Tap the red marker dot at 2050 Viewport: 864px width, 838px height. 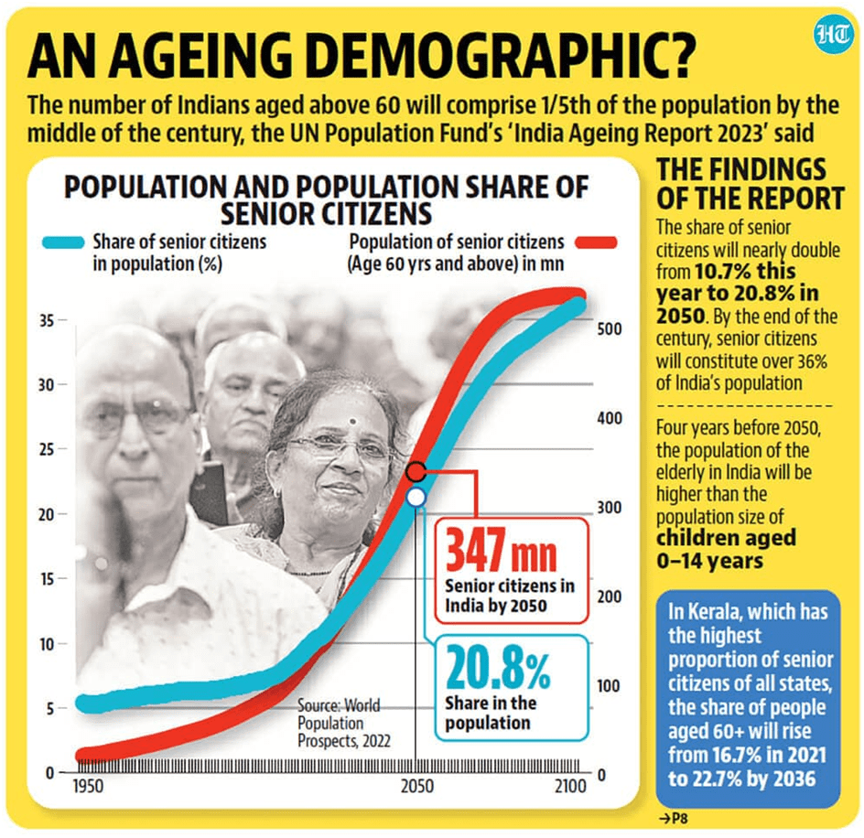[x=416, y=472]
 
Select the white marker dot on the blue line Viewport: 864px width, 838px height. [x=416, y=497]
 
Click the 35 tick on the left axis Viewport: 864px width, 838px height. [x=45, y=321]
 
